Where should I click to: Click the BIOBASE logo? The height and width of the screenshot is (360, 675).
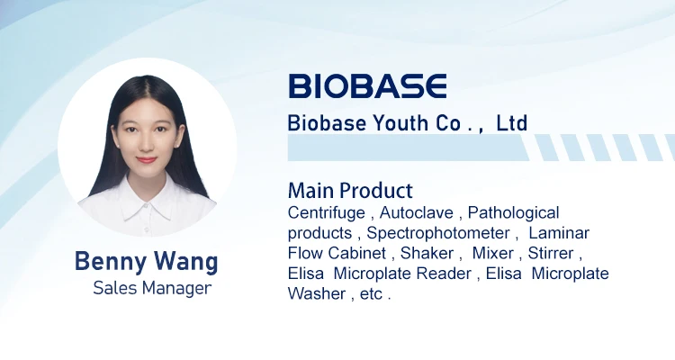click(x=367, y=85)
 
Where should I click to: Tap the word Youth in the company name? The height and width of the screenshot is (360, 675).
click(x=400, y=123)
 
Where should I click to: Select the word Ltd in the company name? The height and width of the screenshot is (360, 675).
click(x=512, y=123)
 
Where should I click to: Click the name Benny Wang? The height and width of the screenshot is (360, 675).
click(x=147, y=261)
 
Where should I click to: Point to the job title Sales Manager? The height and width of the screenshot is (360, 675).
click(x=152, y=288)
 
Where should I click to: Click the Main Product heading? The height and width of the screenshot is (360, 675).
click(x=350, y=190)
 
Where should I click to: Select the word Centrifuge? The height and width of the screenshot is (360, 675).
click(x=327, y=213)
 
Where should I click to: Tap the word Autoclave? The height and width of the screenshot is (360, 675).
click(x=417, y=212)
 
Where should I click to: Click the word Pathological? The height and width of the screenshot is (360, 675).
click(x=513, y=213)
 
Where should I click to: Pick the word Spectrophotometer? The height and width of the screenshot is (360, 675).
click(x=438, y=233)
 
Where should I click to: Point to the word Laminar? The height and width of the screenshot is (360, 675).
click(x=559, y=233)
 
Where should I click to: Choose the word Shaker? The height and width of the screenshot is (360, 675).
click(x=427, y=253)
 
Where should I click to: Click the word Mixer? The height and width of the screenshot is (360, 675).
click(x=493, y=253)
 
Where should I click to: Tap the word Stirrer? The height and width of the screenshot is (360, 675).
click(x=551, y=253)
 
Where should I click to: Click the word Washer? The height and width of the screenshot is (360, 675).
click(x=317, y=293)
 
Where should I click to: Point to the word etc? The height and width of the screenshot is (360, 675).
click(x=371, y=294)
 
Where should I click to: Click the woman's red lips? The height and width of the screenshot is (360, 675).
click(x=147, y=160)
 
